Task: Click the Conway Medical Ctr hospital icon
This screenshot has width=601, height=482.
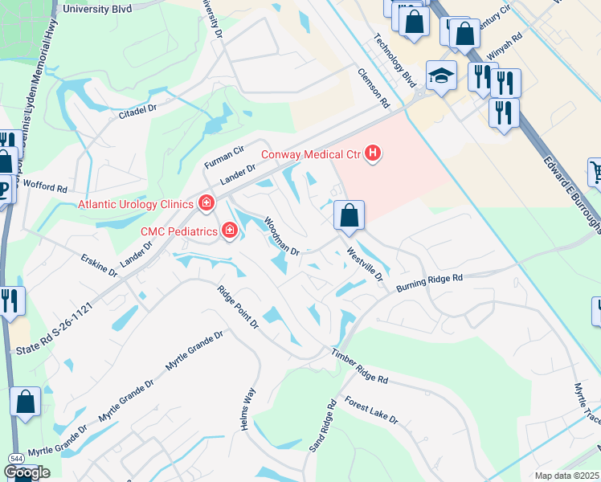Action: click(372, 152)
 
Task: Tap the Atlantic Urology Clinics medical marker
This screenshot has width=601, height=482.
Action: click(206, 202)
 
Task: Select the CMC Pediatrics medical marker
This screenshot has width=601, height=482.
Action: click(230, 231)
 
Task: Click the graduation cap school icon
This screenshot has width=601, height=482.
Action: click(440, 76)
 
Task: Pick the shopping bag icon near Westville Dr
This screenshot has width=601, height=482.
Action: click(350, 216)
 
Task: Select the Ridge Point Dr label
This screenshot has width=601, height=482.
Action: click(238, 306)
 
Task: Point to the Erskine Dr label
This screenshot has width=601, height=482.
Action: click(100, 266)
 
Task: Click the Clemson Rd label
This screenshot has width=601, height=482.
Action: click(374, 88)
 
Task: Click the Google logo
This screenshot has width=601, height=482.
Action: click(27, 472)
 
